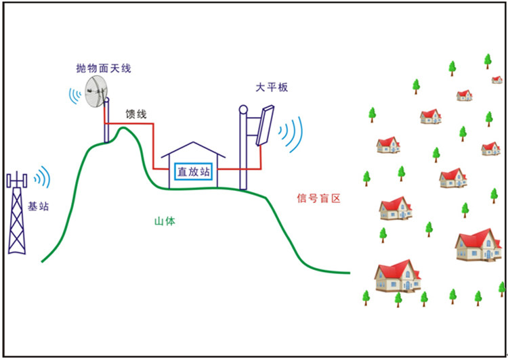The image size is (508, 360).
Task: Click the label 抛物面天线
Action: click(104, 68)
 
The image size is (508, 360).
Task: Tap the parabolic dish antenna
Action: click(96, 91)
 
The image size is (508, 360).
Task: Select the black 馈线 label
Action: click(136, 114)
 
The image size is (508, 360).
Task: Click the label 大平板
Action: click(272, 87)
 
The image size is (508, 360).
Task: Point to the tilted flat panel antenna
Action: click(265, 126)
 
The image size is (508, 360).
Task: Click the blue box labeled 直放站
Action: click(194, 172)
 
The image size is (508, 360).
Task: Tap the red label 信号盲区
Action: click(319, 198)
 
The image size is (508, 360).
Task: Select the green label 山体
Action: click(165, 221)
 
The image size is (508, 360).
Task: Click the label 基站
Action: click(38, 206)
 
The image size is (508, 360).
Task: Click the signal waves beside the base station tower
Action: click(43, 177)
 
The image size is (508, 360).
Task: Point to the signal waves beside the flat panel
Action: click(291, 134)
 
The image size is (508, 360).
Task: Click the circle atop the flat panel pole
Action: click(243, 110)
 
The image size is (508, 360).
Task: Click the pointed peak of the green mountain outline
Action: click(123, 128)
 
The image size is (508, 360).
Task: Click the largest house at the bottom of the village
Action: click(398, 276)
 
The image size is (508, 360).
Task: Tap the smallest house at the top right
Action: click(497, 80)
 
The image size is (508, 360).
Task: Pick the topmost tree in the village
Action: click(488, 61)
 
